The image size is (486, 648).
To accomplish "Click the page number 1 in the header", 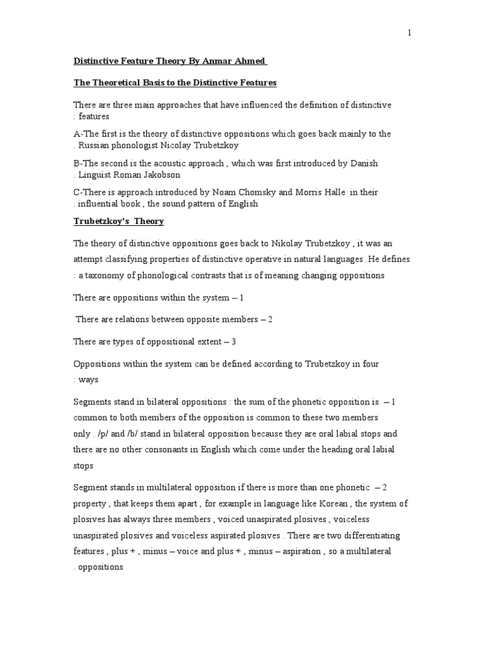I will tap(409, 34).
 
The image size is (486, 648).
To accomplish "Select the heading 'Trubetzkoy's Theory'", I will tap(118, 221).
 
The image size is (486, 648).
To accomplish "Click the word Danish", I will tap(363, 163).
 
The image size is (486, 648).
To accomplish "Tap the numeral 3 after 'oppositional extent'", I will tap(234, 342).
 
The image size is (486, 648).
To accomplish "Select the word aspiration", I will tap(300, 551).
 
